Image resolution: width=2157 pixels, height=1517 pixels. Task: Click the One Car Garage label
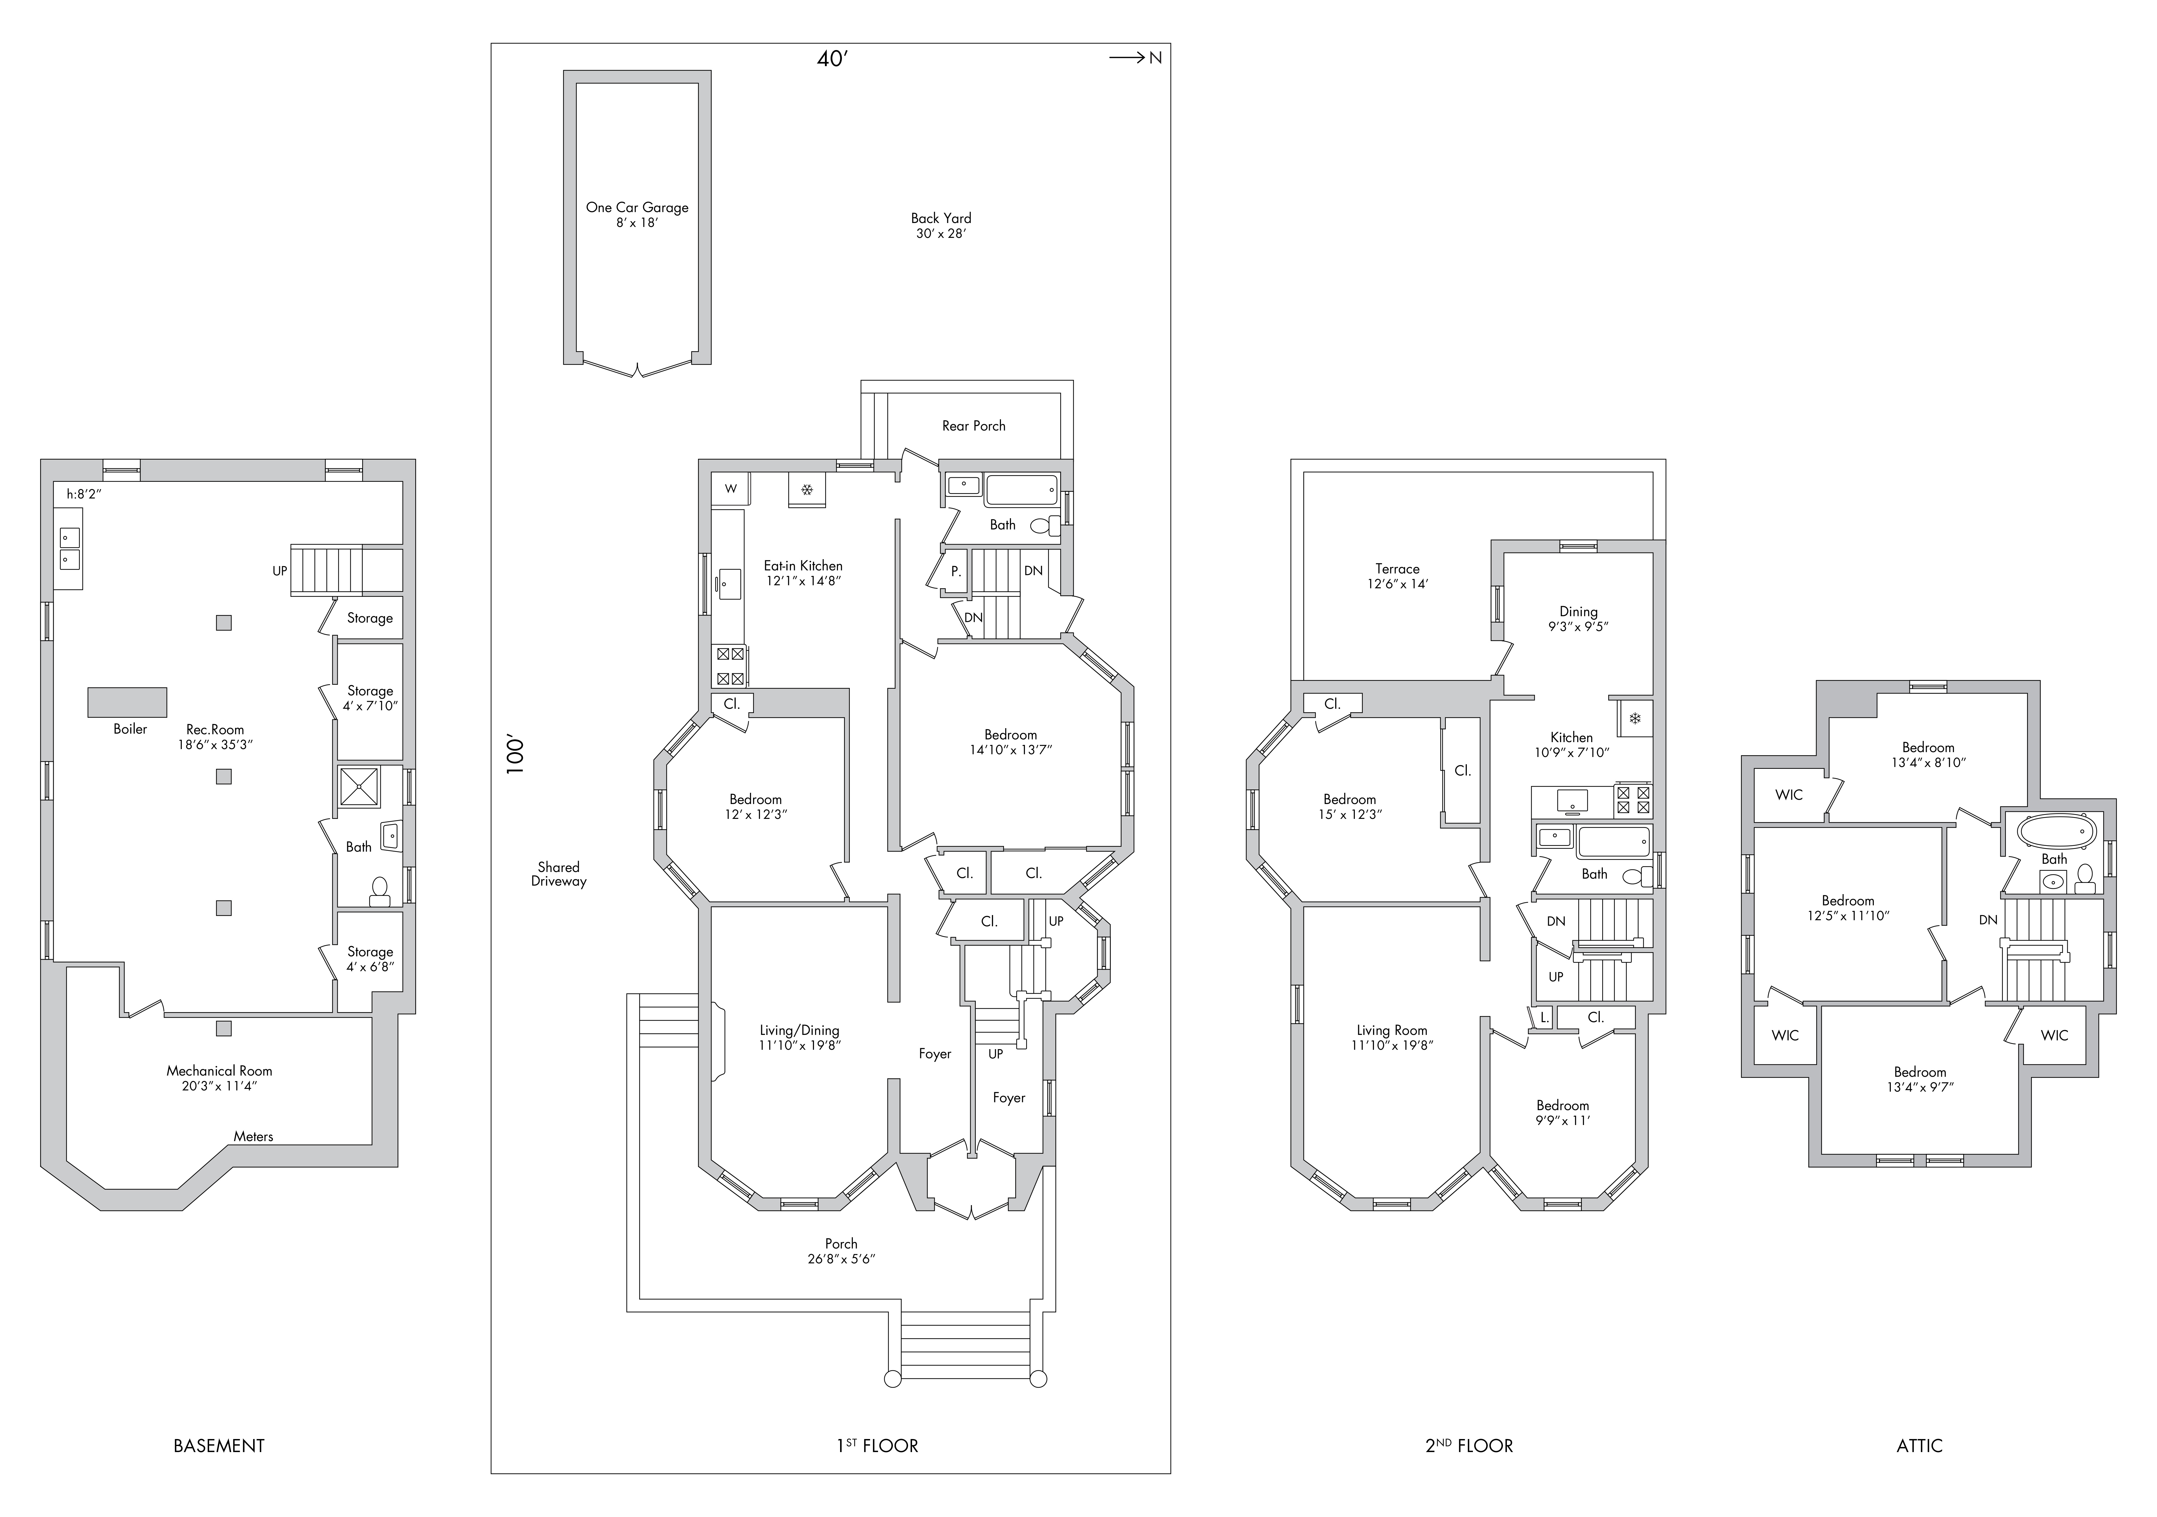pos(637,208)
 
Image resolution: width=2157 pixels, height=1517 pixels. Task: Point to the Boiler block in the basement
pos(128,702)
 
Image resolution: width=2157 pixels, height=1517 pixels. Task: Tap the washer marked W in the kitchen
pos(730,488)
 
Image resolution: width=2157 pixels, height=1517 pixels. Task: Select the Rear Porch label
pos(973,425)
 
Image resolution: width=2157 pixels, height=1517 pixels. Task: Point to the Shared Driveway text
pos(558,873)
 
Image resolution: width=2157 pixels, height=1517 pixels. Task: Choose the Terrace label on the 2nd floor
pos(1397,568)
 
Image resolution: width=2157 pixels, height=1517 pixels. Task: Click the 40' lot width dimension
pos(833,59)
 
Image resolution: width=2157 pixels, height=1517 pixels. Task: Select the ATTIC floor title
pos(1919,1446)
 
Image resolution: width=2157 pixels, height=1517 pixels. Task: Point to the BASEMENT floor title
pos(219,1446)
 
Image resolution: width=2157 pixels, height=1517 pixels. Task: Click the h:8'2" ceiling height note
pos(90,493)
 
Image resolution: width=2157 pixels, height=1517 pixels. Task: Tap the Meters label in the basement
pos(254,1137)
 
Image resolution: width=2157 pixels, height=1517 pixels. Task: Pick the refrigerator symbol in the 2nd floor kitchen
pos(1635,718)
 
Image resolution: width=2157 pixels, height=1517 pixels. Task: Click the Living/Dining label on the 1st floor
pos(799,1030)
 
